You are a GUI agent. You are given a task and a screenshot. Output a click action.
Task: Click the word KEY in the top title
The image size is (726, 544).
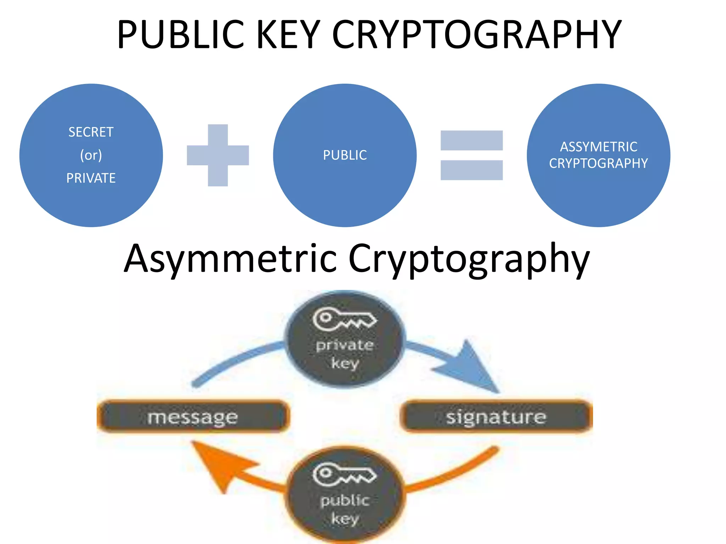click(x=288, y=34)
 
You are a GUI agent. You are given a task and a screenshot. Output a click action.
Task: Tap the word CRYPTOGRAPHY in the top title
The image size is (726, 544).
click(x=477, y=34)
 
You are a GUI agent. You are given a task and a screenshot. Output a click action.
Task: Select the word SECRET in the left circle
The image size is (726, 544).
click(x=91, y=132)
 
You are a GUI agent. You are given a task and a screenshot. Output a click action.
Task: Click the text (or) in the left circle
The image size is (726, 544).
click(x=91, y=155)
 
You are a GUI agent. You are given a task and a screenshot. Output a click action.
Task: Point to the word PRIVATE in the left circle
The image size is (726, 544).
click(x=91, y=178)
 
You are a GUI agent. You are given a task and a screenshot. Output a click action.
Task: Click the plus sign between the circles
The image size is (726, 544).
click(x=218, y=155)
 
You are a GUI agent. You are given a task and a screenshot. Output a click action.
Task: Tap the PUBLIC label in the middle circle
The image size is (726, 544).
click(x=345, y=155)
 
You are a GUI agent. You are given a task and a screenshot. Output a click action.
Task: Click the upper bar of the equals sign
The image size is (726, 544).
click(x=471, y=140)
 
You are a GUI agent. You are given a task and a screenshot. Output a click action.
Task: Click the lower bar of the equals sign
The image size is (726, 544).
click(x=471, y=170)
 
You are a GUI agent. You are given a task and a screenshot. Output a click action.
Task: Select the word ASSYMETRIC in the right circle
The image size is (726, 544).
click(x=598, y=147)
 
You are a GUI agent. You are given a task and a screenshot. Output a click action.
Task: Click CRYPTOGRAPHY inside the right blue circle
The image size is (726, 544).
click(x=598, y=163)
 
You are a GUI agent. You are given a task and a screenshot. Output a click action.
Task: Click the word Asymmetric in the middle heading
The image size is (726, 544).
click(x=230, y=259)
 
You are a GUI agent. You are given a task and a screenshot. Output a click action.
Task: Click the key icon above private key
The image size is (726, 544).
click(x=344, y=319)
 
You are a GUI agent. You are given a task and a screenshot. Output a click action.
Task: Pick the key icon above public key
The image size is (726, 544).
click(x=344, y=474)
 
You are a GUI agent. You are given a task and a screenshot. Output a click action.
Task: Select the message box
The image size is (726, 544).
click(x=193, y=416)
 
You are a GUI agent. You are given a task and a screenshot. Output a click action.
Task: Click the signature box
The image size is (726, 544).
click(x=496, y=416)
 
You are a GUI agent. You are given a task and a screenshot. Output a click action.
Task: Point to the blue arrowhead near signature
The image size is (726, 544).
click(x=468, y=368)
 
